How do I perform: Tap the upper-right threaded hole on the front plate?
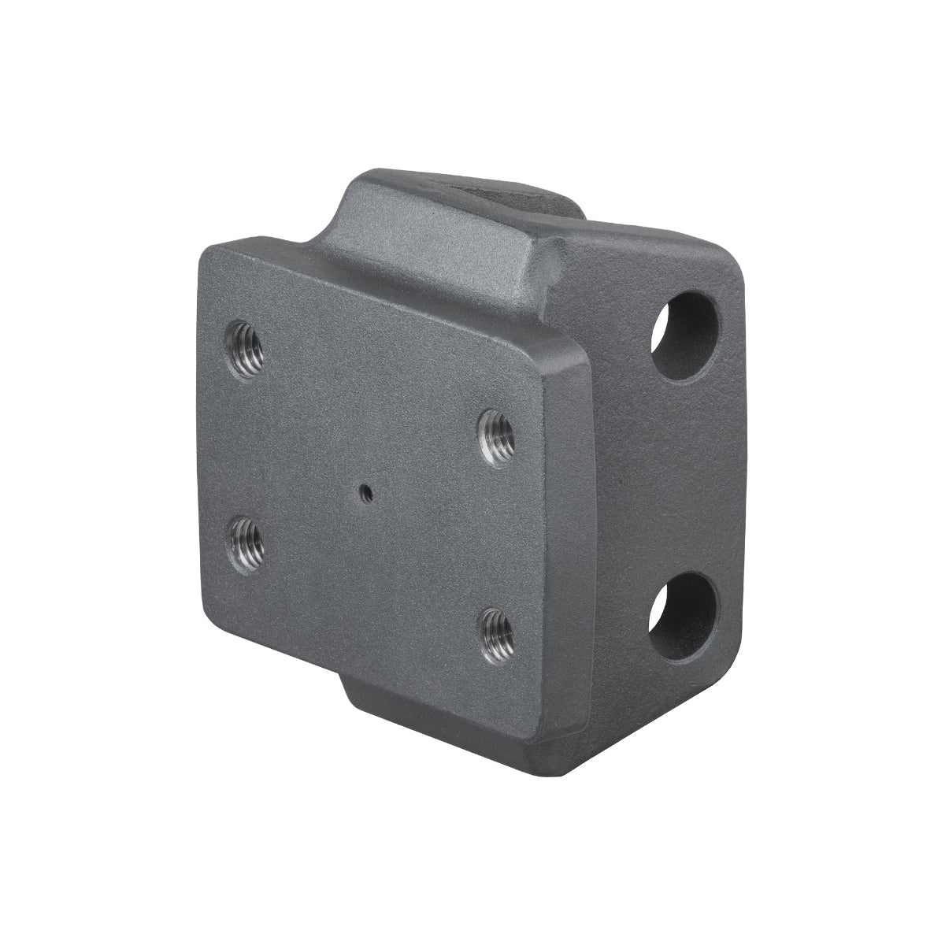pyautogui.click(x=498, y=438)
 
